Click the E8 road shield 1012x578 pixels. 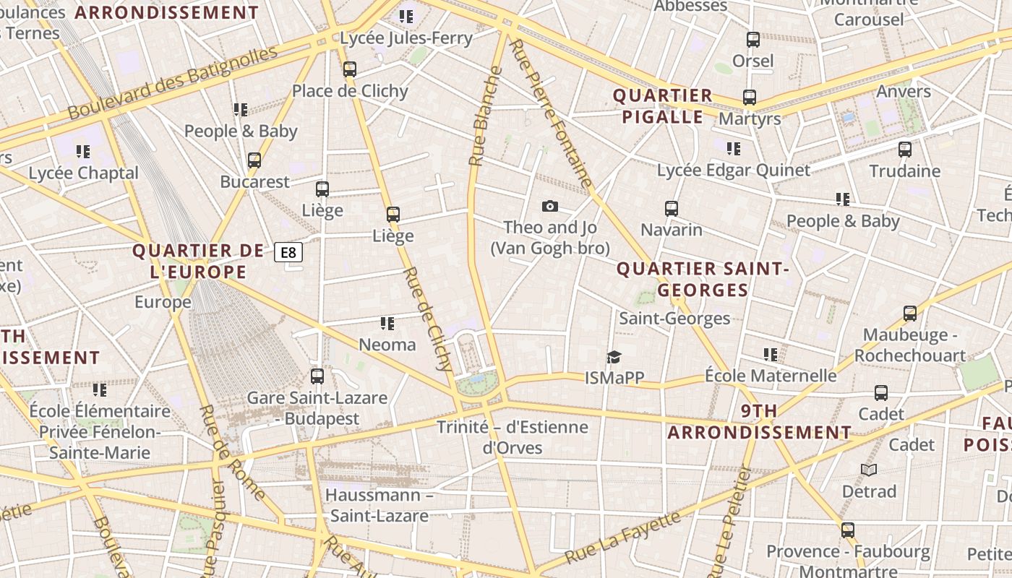(x=288, y=252)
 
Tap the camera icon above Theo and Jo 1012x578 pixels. (x=550, y=207)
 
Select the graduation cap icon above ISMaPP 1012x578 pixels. (x=614, y=357)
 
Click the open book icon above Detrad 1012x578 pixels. (x=869, y=470)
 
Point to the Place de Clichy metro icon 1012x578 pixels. (x=350, y=69)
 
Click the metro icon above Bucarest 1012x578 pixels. (x=254, y=160)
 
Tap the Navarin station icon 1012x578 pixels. (x=672, y=209)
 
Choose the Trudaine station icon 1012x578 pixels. (x=904, y=150)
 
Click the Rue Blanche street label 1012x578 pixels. (x=485, y=116)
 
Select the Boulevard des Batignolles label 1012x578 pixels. (x=173, y=83)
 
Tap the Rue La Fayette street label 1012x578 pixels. (x=622, y=538)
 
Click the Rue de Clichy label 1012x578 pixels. (x=428, y=319)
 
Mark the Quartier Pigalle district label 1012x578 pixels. (x=663, y=106)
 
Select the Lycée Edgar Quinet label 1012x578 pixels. (x=734, y=171)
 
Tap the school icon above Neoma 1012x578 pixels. (x=387, y=324)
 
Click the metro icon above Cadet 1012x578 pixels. (x=881, y=393)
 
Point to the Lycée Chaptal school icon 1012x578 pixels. (x=83, y=152)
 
